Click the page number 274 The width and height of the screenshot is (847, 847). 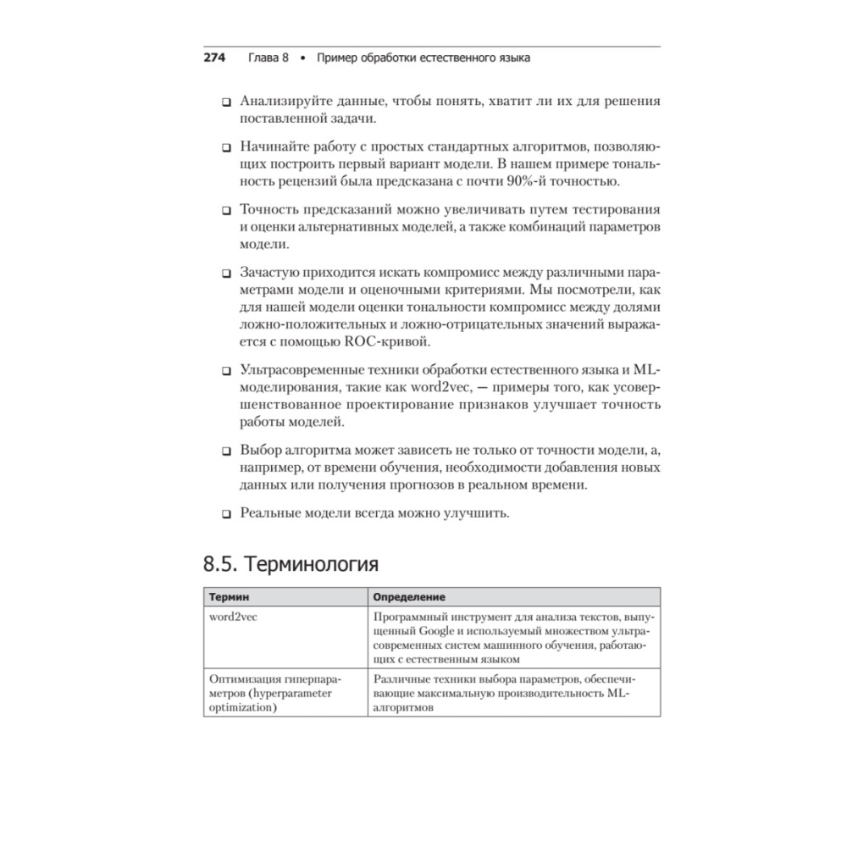coord(213,58)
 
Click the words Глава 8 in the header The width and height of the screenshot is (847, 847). coord(268,58)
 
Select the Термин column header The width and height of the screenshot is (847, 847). coord(230,597)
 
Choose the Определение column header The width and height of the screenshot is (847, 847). coord(410,597)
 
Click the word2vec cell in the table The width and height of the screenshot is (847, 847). coord(233,616)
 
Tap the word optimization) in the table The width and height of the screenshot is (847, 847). coord(244,707)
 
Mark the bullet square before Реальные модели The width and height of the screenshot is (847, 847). coord(226,514)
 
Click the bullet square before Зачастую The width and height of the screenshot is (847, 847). coord(226,274)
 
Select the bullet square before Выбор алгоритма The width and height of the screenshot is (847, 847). coord(226,450)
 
